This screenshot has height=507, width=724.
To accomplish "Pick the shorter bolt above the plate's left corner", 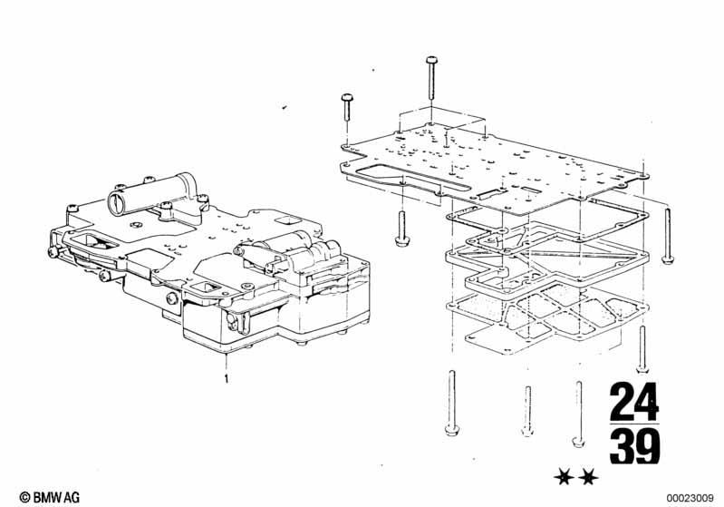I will (345, 113).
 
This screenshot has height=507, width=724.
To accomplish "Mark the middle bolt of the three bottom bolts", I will (526, 408).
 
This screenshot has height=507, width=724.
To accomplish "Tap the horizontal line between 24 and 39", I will (634, 423).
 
